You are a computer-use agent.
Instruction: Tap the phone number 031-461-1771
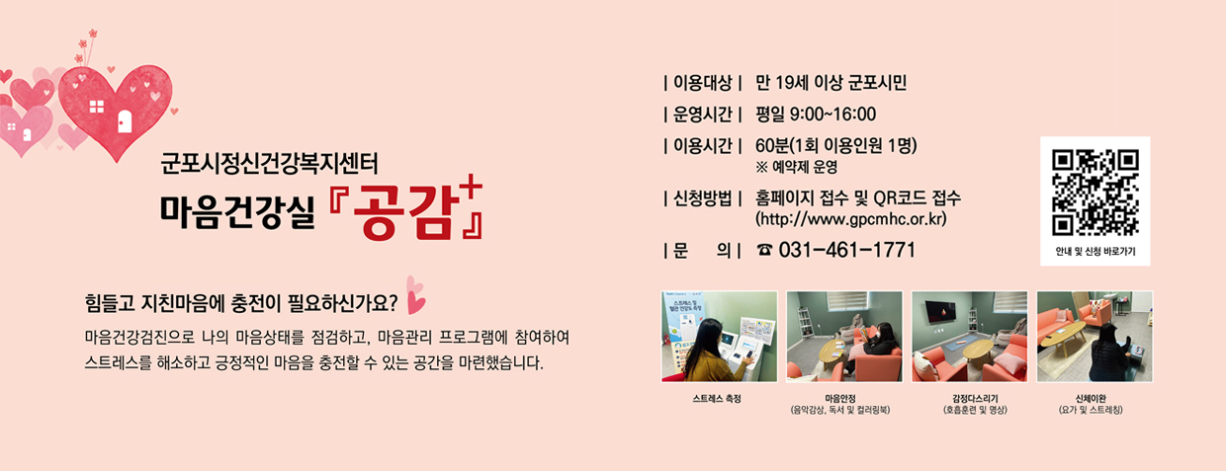846,250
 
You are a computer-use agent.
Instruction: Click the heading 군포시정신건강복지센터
269,161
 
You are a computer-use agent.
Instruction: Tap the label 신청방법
705,197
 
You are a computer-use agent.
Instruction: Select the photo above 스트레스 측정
719,337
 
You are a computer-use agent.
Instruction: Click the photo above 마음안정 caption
844,337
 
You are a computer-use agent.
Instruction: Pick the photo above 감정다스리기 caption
970,337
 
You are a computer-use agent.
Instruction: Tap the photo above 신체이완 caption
1095,337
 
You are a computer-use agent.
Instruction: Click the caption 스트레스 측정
719,399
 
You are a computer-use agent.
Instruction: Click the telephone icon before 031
764,251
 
